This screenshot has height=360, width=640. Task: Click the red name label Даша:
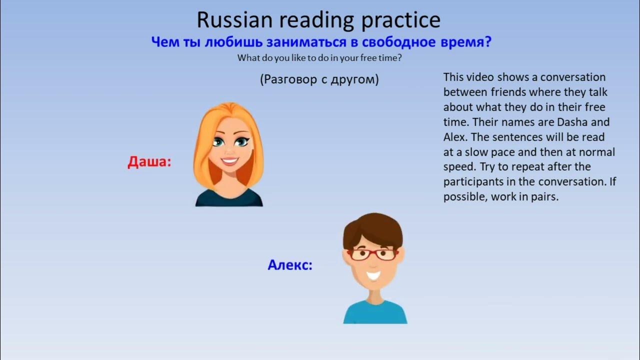[x=149, y=162]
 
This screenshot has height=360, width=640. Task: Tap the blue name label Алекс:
[x=290, y=265]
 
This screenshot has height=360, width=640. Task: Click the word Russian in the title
[x=235, y=20]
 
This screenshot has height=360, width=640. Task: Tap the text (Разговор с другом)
[x=319, y=79]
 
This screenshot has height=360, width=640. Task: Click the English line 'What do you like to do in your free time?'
[x=319, y=58]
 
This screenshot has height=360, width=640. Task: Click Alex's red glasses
[x=372, y=254]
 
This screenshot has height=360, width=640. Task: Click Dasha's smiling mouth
[x=230, y=161]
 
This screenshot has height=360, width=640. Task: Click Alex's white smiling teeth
[x=373, y=274]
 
